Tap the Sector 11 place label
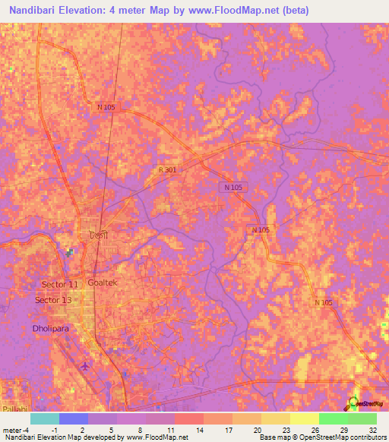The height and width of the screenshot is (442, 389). tap(60, 284)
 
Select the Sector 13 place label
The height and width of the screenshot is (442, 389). tap(53, 300)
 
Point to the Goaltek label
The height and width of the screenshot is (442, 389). tap(103, 282)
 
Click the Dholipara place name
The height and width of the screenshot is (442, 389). tap(51, 329)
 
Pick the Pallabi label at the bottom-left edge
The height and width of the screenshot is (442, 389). tap(13, 408)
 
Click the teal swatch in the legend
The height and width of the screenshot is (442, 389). tap(45, 418)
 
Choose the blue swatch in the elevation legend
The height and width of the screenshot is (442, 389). tap(74, 418)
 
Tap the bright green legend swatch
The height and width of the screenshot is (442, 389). tap(334, 418)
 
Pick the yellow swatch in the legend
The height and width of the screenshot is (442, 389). tap(305, 418)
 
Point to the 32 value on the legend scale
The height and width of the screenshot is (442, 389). tap(372, 430)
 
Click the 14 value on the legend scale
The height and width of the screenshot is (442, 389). tap(200, 430)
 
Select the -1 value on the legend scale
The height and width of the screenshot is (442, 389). tap(54, 430)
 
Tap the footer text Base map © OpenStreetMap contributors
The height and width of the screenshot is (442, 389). tap(321, 437)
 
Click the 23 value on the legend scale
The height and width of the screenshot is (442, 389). tap(286, 430)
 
